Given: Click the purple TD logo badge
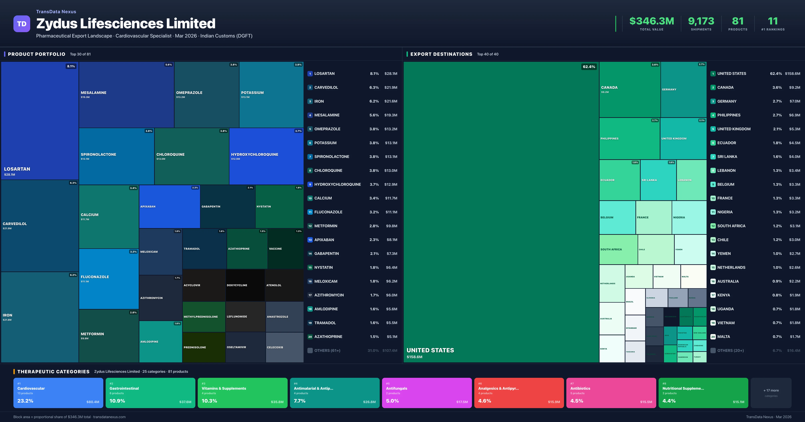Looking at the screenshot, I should click(22, 24).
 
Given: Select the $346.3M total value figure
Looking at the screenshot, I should click(652, 21).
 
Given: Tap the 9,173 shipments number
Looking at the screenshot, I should click(701, 21).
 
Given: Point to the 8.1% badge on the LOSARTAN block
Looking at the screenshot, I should click(71, 66).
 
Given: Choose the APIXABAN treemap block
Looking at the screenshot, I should click(169, 207).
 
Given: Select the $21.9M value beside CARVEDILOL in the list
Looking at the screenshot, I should click(391, 87).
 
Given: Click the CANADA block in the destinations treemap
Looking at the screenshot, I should click(630, 90).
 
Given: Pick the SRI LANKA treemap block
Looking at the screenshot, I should click(658, 180).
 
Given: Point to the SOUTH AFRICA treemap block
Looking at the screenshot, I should click(618, 249).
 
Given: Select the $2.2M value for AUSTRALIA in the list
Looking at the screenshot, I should click(794, 281).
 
